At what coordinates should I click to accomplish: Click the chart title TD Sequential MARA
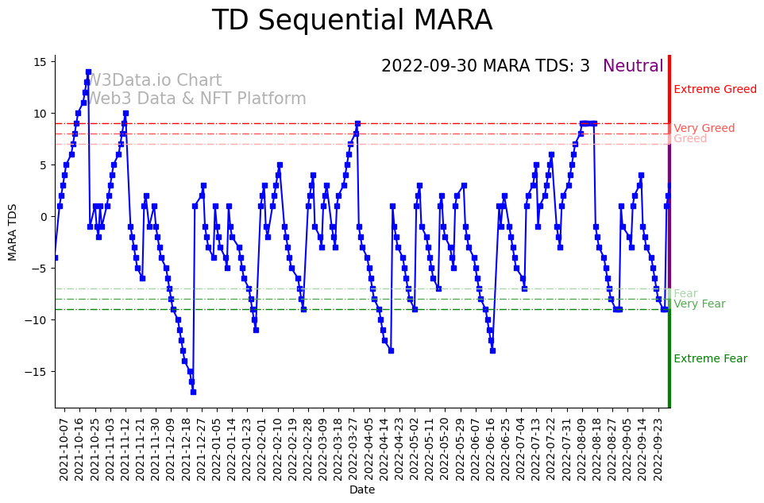click(352, 21)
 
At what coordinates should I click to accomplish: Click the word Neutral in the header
click(633, 67)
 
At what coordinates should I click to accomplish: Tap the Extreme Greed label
click(715, 90)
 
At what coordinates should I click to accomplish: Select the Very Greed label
click(704, 129)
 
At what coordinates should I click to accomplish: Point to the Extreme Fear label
click(710, 359)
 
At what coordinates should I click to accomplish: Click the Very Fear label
click(699, 304)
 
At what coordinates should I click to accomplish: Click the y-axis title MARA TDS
click(13, 231)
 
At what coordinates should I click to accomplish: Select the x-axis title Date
click(362, 490)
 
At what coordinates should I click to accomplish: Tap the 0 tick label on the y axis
click(44, 217)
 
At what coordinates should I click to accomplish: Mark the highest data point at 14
click(88, 72)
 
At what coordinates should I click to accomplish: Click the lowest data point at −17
click(193, 392)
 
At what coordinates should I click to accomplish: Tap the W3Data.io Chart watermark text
click(154, 81)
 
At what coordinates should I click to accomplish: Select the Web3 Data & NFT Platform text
click(196, 99)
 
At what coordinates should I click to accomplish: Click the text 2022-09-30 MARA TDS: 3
click(485, 67)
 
